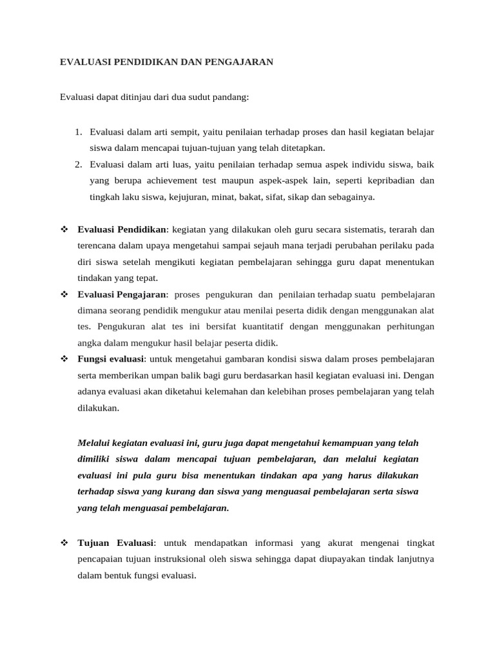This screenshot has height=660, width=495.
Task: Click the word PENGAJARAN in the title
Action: click(240, 62)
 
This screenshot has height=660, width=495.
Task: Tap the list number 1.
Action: click(77, 132)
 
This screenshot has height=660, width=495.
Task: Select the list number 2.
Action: click(77, 164)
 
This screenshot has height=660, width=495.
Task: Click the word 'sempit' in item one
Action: click(185, 132)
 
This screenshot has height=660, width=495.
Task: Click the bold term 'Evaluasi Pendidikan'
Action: click(122, 229)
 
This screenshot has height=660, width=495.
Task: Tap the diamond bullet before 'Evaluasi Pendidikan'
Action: click(64, 229)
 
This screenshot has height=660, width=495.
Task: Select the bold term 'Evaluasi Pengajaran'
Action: click(122, 295)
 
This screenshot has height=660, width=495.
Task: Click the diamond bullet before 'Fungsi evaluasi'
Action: click(64, 359)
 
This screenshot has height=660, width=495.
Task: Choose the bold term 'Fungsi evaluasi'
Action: click(111, 359)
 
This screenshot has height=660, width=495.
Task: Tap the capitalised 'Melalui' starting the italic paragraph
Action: click(93, 443)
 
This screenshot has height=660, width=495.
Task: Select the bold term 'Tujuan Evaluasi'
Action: click(115, 543)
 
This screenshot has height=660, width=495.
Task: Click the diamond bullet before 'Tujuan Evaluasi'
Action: click(64, 543)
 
